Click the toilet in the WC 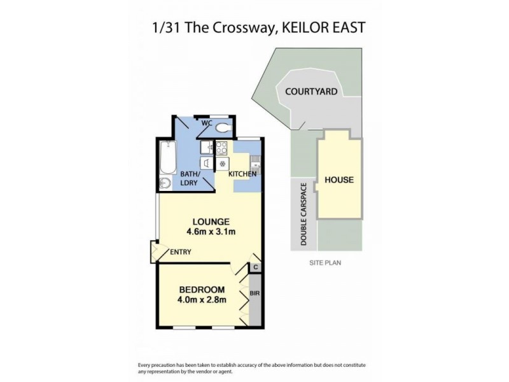[222, 128]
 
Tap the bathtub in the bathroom [168, 157]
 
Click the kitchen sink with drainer [254, 163]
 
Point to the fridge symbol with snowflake [222, 164]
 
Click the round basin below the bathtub [165, 183]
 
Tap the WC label [206, 123]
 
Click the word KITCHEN [242, 174]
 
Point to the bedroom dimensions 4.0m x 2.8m [202, 300]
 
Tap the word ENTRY [181, 252]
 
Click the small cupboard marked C [255, 267]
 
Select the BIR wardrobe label [254, 294]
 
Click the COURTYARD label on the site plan [310, 92]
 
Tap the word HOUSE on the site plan [339, 180]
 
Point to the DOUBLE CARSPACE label [304, 215]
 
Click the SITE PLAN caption [326, 262]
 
